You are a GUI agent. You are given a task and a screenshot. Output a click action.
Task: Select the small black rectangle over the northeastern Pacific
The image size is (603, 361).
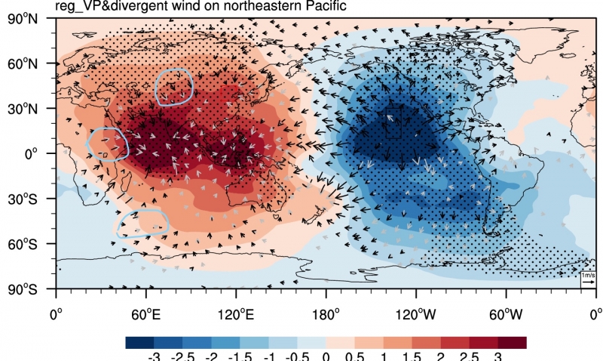pyautogui.click(x=393, y=123)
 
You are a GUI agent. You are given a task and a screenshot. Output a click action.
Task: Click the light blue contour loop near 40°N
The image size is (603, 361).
pyautogui.click(x=174, y=85)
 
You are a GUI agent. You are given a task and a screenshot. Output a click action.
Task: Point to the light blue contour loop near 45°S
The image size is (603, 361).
pyautogui.click(x=142, y=224)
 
